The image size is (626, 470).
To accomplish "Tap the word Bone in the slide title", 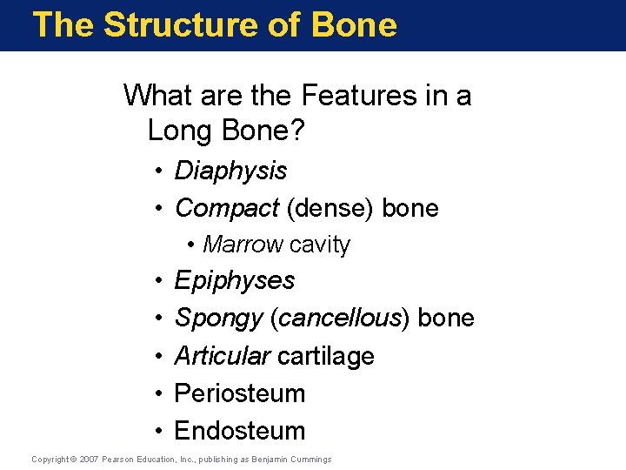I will (352, 24).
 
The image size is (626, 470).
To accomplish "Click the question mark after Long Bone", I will (299, 131).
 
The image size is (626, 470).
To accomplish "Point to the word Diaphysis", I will (230, 171).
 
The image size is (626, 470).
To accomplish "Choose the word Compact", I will (227, 209).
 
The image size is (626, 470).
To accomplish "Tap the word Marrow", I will (243, 245).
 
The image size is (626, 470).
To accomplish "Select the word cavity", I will (319, 245).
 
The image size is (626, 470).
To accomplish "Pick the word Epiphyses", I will (235, 281).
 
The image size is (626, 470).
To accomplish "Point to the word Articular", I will (222, 356).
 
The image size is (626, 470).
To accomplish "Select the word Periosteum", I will (240, 393).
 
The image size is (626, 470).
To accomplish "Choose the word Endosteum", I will (240, 431).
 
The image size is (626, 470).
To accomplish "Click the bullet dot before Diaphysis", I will (162, 171).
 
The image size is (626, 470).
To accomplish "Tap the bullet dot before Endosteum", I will (162, 432).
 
